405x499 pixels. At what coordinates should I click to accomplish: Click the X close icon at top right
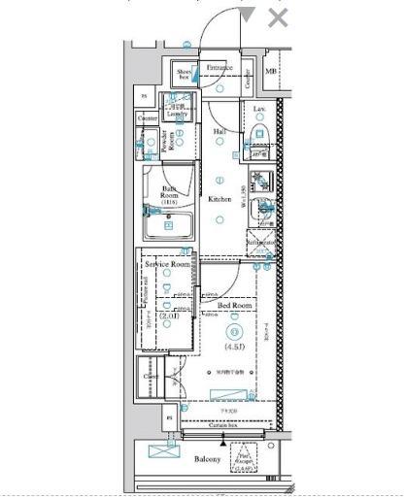[x=279, y=17]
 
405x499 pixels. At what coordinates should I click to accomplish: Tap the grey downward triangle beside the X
[x=249, y=16]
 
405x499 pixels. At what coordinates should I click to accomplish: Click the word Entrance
[x=219, y=68]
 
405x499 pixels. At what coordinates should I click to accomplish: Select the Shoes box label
[x=184, y=75]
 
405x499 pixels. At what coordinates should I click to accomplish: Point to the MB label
[x=271, y=72]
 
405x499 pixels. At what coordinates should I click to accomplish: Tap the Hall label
[x=219, y=130]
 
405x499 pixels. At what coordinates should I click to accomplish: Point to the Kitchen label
[x=219, y=199]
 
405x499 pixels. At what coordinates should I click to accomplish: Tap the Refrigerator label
[x=262, y=243]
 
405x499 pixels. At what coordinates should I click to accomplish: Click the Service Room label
[x=166, y=264]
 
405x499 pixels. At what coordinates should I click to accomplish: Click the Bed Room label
[x=236, y=305]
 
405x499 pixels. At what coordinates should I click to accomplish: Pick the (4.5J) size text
[x=233, y=347]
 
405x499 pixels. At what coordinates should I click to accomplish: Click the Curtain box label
[x=224, y=424]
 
